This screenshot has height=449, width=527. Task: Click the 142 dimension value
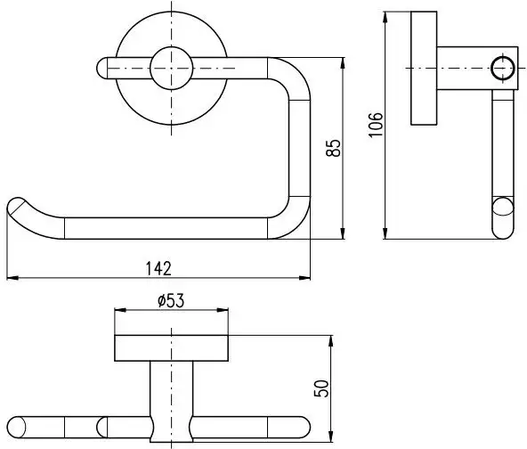point(158,269)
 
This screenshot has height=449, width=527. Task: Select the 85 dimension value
point(334,148)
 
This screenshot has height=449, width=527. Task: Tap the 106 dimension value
point(376,125)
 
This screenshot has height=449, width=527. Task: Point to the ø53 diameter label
point(171,301)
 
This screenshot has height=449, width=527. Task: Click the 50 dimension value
point(321,388)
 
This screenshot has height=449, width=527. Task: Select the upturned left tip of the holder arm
point(16,205)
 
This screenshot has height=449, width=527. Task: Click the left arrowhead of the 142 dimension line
point(12,278)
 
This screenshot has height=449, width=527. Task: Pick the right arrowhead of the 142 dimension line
point(304,278)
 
